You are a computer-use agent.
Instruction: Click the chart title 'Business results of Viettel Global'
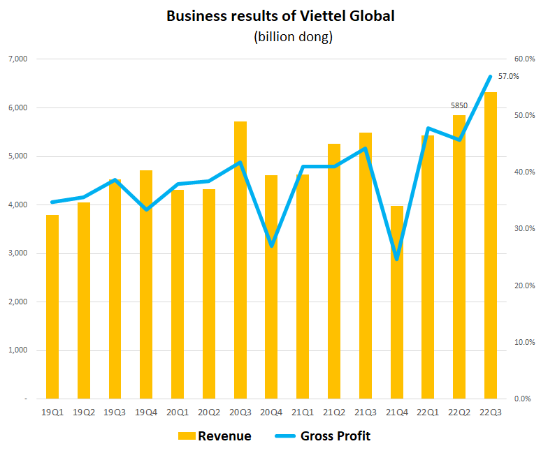280,15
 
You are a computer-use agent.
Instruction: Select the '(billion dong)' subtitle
293,37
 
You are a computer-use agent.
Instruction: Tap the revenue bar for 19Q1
52,306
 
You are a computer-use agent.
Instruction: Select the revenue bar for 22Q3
491,245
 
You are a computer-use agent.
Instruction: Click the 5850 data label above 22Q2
459,106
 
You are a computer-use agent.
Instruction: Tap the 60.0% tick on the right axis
524,59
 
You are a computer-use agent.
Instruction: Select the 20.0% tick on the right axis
524,285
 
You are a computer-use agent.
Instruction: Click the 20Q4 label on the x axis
271,413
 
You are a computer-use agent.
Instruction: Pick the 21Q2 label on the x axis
334,413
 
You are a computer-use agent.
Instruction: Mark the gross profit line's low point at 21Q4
397,259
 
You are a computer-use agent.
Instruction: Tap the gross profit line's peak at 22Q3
491,76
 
